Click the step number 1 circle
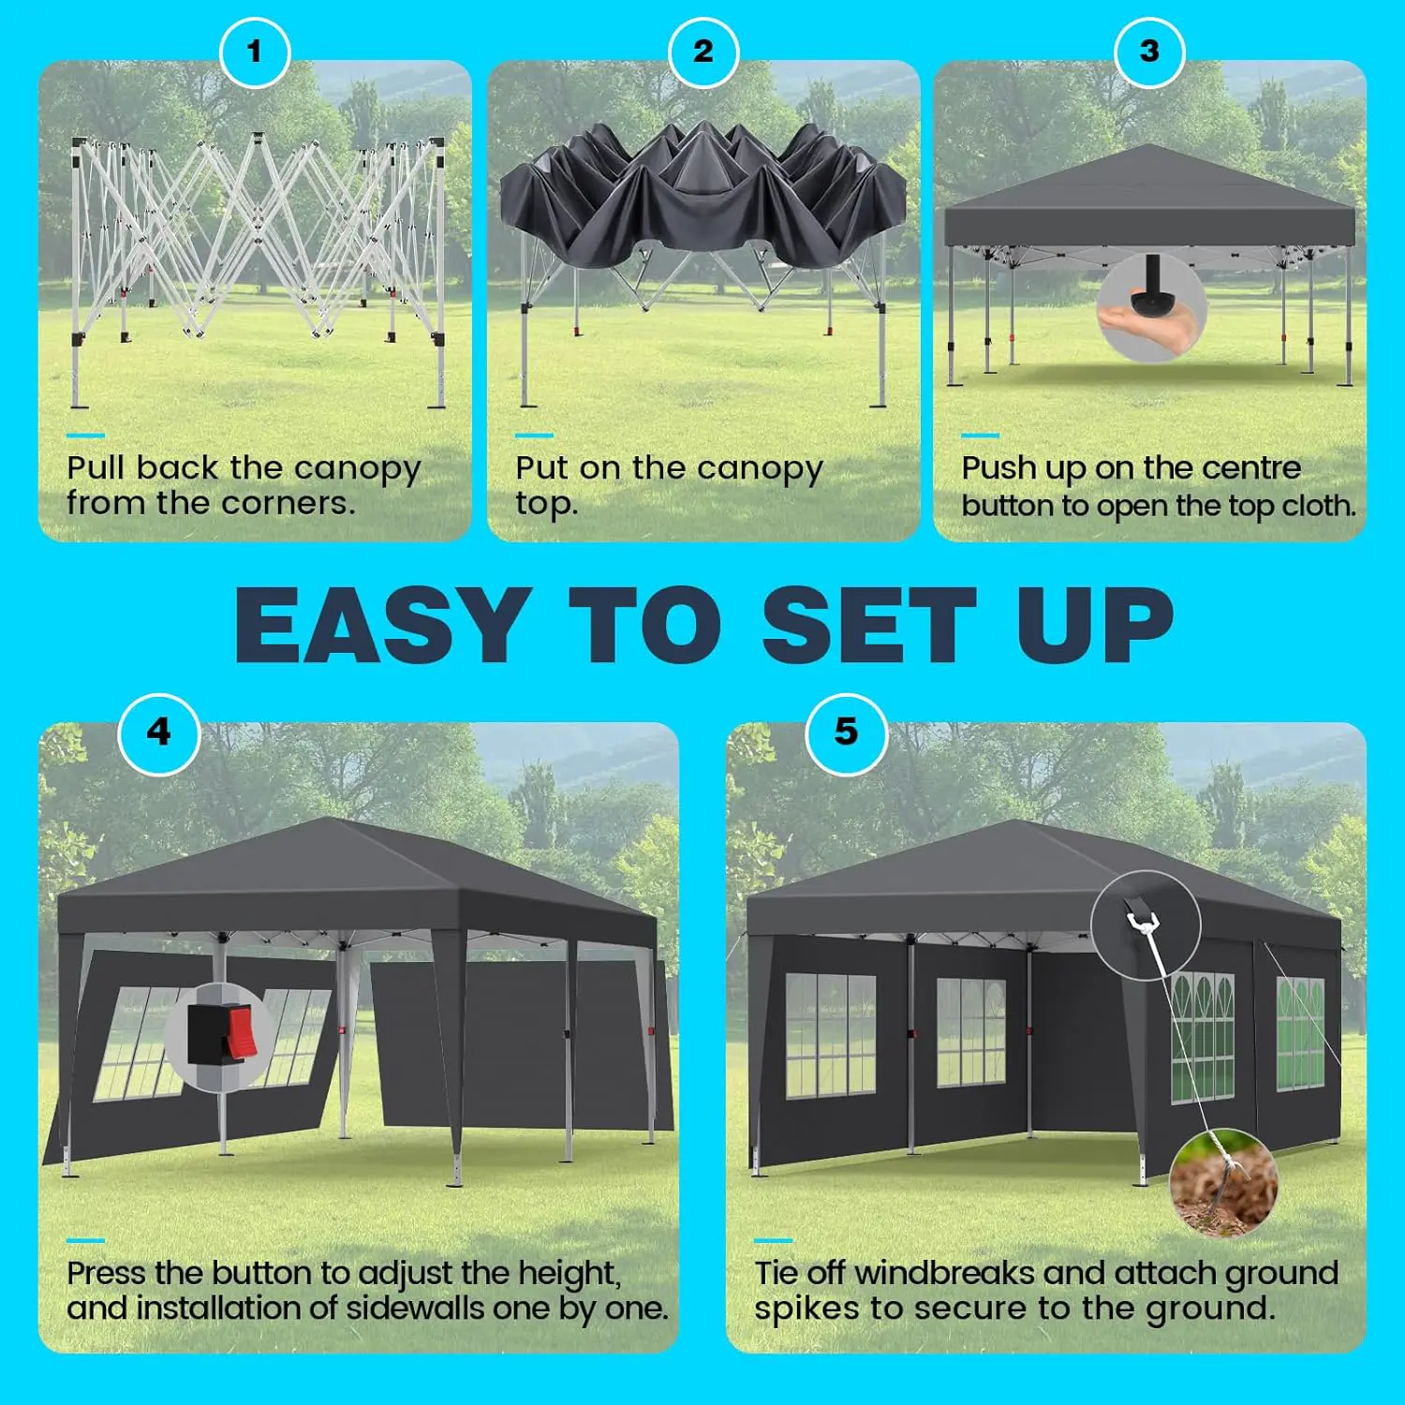255,52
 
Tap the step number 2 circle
703,52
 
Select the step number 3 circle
1149,52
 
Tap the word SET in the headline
868,624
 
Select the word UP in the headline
1095,624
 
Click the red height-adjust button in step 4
240,1031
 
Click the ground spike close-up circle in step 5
1224,1182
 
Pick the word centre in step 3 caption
1249,467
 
